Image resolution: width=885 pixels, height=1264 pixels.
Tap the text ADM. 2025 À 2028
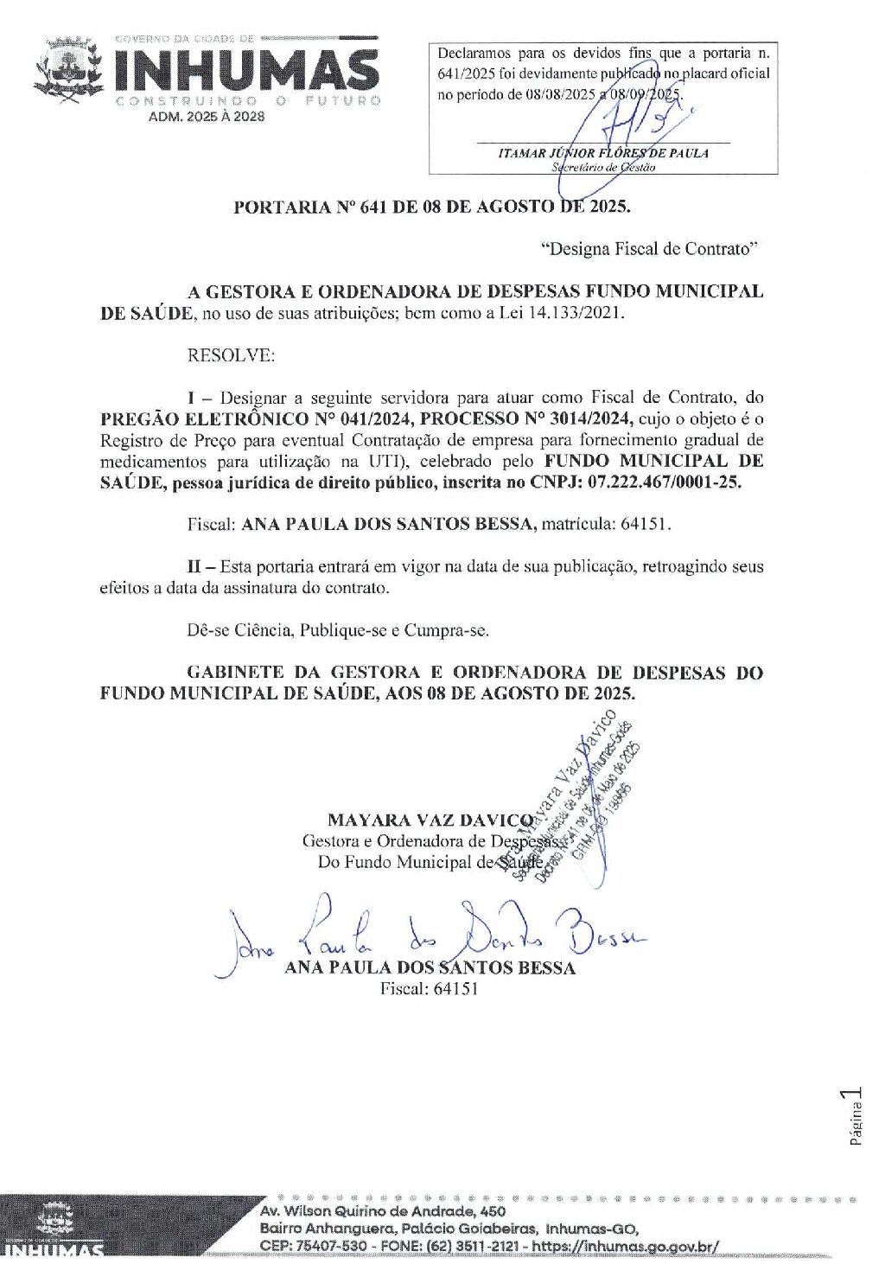207,117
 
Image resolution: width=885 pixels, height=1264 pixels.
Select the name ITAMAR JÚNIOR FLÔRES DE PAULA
603,153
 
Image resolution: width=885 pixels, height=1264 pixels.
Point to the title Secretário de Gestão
603,167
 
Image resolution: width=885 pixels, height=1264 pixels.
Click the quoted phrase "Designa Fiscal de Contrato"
649,249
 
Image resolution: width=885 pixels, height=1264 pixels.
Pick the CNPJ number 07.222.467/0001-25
664,482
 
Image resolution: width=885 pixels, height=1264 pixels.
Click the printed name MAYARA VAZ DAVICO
430,820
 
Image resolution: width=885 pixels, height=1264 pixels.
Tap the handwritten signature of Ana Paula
432,933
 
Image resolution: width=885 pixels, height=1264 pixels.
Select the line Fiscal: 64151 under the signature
429,988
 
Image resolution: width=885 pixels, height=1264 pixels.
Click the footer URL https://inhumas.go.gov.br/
625,1246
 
